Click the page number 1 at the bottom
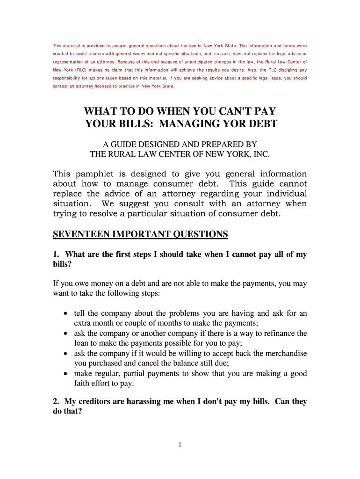(x=180, y=445)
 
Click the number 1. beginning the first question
(x=56, y=254)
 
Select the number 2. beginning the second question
(x=56, y=401)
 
